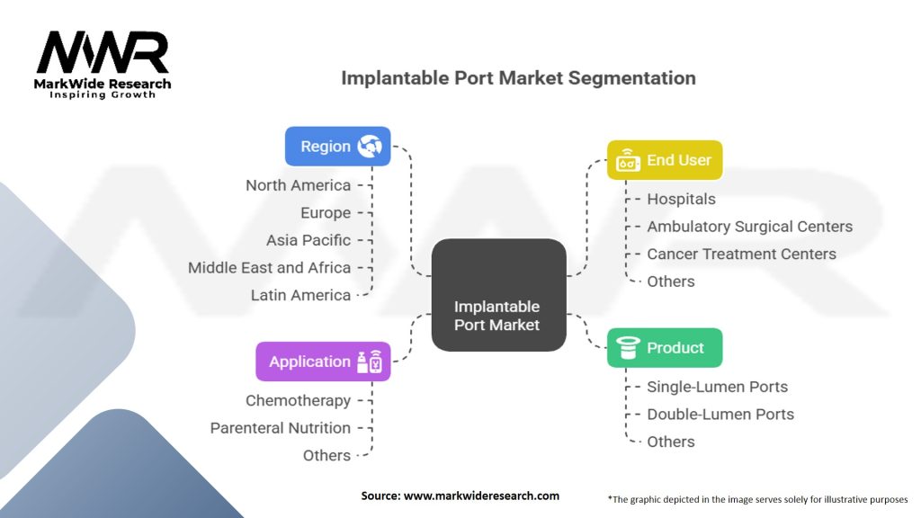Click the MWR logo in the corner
point(103,64)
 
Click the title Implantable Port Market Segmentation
point(518,78)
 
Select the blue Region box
point(338,147)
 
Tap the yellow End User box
point(664,161)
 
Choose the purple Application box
point(323,362)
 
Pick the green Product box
point(664,348)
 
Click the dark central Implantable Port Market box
point(497,295)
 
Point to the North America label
point(299,185)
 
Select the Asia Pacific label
point(308,240)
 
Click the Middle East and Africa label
point(270,267)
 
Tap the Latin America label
point(300,295)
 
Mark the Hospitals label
point(681,199)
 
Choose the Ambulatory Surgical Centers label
point(749,227)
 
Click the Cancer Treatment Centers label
point(741,254)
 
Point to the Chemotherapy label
point(299,400)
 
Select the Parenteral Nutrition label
point(281,428)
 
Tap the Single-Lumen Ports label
point(717,387)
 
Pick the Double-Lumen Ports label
point(720,415)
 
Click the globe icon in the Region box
point(370,147)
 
